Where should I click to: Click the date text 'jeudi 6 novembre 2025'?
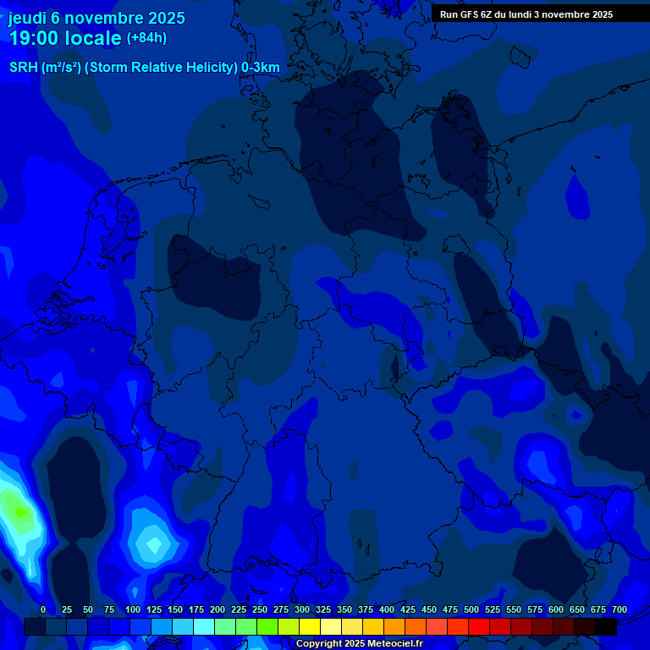click(96, 18)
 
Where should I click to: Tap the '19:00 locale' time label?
click(65, 38)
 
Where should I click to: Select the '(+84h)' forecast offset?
click(146, 38)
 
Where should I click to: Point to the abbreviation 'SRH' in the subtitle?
click(24, 68)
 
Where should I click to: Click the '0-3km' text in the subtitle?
click(261, 68)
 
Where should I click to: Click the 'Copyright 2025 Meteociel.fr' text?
click(358, 644)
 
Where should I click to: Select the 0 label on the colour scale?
click(43, 609)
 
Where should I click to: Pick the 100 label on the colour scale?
click(133, 609)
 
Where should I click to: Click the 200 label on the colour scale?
click(218, 609)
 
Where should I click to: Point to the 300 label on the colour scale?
click(302, 609)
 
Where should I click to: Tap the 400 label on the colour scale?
click(387, 609)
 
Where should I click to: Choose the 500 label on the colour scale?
click(471, 609)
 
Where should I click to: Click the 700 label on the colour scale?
click(620, 609)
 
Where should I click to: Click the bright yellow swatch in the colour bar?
click(310, 627)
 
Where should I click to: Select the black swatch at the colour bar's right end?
click(606, 627)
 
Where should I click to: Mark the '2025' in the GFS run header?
click(602, 14)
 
